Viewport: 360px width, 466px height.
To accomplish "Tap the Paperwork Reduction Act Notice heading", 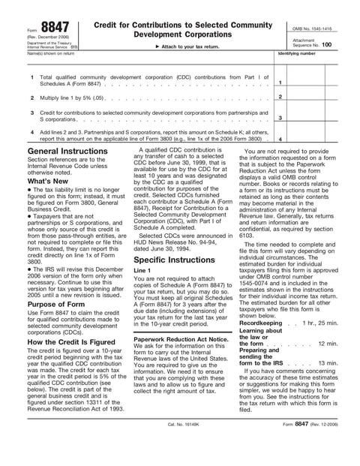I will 181,338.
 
